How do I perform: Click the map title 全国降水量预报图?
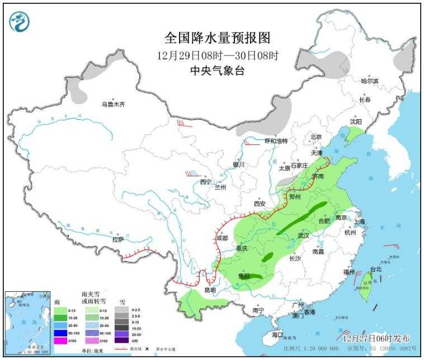218,38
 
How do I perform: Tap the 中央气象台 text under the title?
218,71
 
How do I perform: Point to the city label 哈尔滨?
369,81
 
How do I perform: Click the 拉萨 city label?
117,240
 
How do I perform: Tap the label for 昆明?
209,290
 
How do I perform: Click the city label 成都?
222,238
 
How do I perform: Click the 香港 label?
309,312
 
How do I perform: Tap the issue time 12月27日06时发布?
375,338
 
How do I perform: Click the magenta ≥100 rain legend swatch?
57,340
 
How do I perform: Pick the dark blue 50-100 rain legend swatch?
57,333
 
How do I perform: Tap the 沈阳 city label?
356,121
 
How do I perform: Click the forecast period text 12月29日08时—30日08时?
218,55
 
